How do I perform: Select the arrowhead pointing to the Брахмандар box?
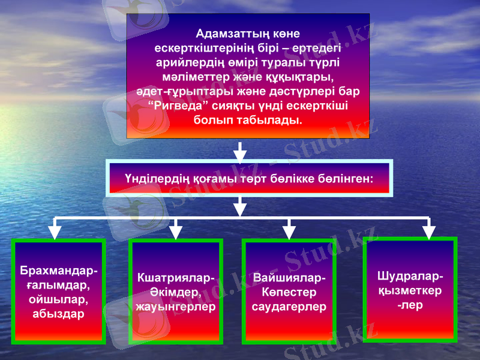[55, 231]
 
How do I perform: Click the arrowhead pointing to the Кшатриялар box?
[176, 231]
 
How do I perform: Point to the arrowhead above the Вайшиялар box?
[289, 231]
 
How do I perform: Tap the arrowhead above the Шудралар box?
[428, 231]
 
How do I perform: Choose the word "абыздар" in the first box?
[58, 313]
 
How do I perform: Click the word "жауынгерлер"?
[175, 307]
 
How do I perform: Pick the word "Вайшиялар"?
[289, 278]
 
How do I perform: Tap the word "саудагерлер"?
[289, 307]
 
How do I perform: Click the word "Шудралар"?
[410, 277]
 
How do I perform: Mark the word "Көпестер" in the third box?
[289, 293]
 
